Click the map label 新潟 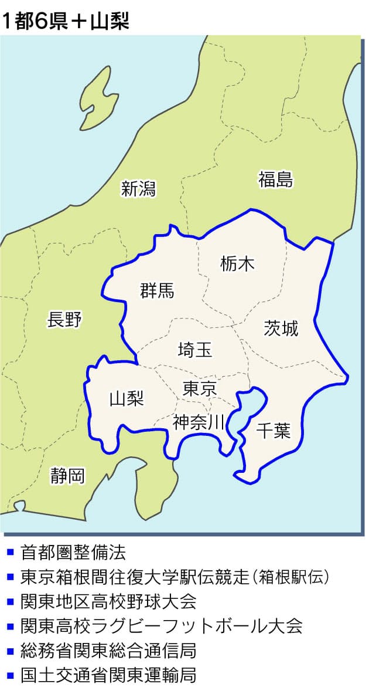click(139, 189)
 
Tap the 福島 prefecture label click(275, 180)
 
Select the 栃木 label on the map click(238, 265)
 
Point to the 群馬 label click(157, 290)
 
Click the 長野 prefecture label click(64, 320)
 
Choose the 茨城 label click(281, 329)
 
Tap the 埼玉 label click(195, 350)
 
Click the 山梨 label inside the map click(127, 399)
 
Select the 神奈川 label click(199, 422)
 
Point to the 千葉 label click(274, 431)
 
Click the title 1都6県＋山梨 click(65, 21)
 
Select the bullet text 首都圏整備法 click(73, 552)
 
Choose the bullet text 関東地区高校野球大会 click(108, 601)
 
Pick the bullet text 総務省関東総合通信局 click(108, 651)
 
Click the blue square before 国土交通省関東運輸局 click(10, 675)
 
